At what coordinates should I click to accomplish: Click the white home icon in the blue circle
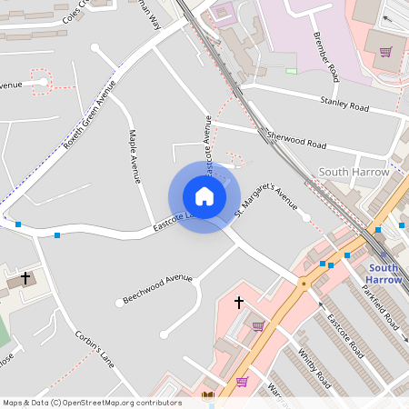click(x=204, y=196)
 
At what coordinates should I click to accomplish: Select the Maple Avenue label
click(x=135, y=155)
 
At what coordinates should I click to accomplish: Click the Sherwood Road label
click(x=295, y=139)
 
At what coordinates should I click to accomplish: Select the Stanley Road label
click(x=344, y=105)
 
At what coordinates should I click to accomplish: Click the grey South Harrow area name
click(x=354, y=172)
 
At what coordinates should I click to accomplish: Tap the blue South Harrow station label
click(x=384, y=274)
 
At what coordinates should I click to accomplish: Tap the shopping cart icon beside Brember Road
click(x=385, y=52)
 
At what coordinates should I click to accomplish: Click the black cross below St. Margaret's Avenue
click(x=239, y=301)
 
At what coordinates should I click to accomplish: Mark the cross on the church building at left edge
click(x=25, y=276)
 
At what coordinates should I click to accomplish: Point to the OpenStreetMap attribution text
click(x=91, y=403)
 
